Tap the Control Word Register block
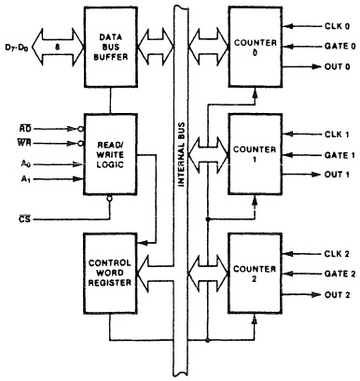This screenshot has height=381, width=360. (x=111, y=270)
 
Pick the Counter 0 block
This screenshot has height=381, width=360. (x=255, y=44)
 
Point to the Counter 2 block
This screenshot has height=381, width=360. (x=255, y=270)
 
